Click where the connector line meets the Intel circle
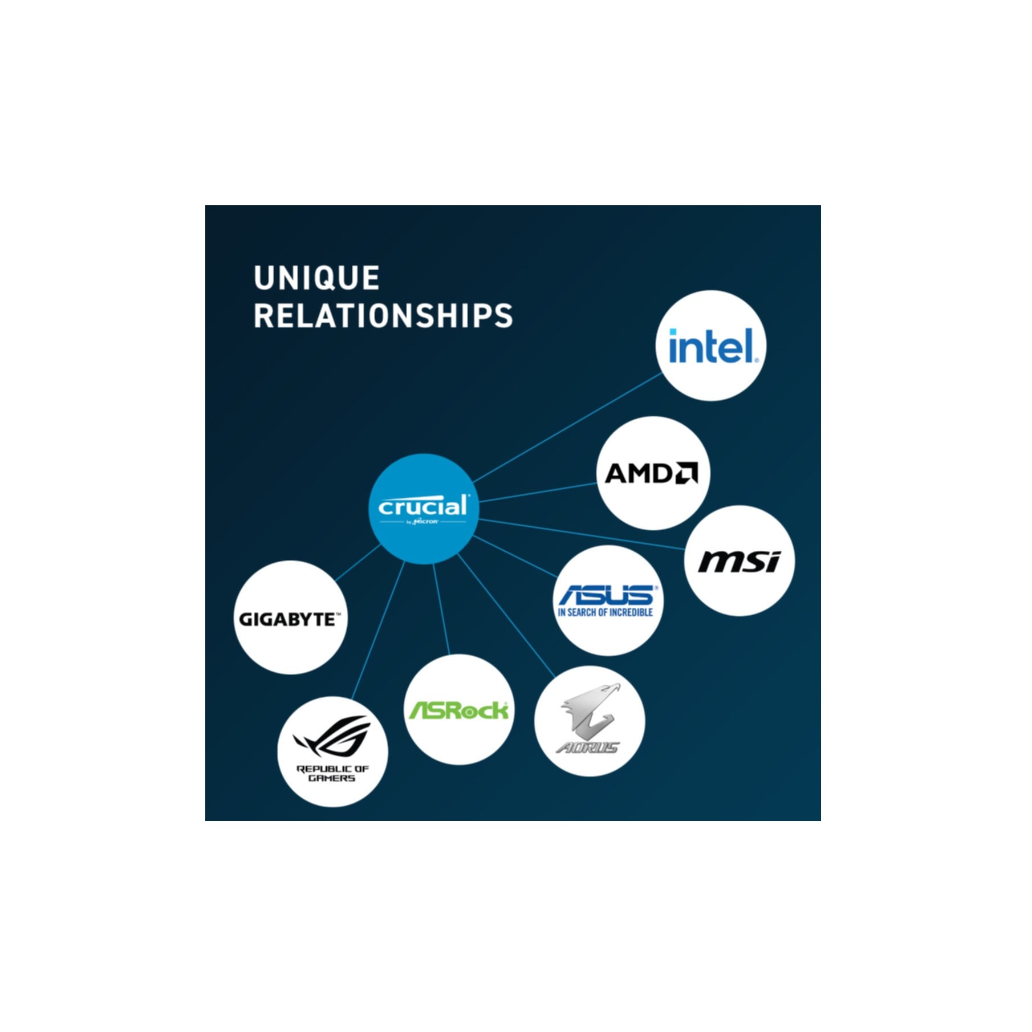click(x=663, y=373)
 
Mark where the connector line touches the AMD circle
click(x=598, y=483)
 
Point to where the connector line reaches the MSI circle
click(x=685, y=548)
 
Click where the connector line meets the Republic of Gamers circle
click(x=352, y=700)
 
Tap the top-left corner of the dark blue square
click(x=205, y=205)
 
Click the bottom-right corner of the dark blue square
click(x=820, y=820)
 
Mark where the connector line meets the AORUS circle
click(x=555, y=677)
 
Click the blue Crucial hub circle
click(x=423, y=509)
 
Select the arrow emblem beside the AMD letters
click(x=686, y=473)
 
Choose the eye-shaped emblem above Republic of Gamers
click(x=332, y=735)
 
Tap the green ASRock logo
click(x=458, y=710)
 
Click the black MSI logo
click(x=739, y=561)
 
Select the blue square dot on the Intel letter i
click(x=673, y=332)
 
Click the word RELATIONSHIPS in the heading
click(x=383, y=316)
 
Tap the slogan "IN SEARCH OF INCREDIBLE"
click(x=605, y=612)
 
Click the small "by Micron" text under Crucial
click(x=422, y=521)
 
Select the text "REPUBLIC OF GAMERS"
click(x=332, y=773)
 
